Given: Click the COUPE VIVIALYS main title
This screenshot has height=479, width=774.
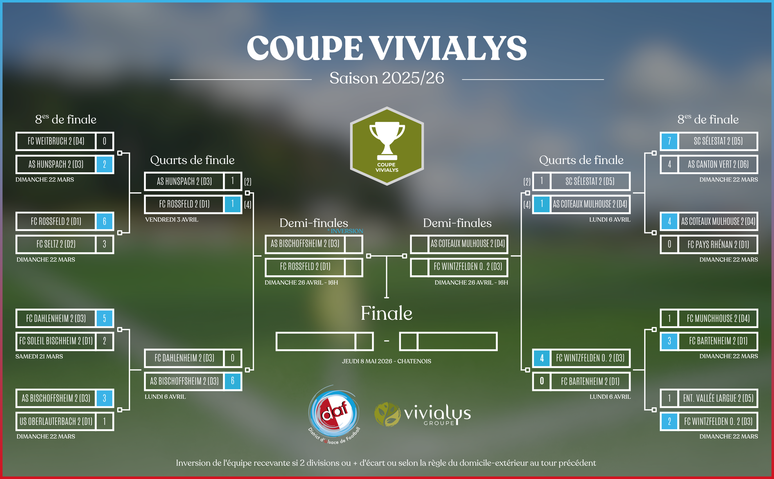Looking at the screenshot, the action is pos(386,48).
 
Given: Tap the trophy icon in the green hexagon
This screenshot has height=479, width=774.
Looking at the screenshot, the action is pos(387,141).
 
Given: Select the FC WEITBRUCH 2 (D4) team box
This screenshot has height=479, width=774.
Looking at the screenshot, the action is pos(56,141).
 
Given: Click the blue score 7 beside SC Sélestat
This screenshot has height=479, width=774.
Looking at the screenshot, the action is pos(669,141).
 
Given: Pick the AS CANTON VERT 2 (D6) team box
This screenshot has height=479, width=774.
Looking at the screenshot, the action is pos(718,164).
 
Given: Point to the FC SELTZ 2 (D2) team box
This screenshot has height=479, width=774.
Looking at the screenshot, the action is pos(56,244).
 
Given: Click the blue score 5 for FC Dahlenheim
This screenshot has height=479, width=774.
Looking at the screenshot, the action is pos(105,318).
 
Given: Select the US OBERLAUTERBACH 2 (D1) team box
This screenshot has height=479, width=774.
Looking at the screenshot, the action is pos(56,421).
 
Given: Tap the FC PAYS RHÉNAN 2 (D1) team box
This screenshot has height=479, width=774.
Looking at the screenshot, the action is pos(718,244).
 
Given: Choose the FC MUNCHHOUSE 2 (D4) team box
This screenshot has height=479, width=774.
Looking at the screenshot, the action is pos(718,318).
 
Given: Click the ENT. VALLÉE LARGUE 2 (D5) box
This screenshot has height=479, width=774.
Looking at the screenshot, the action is pos(718,398).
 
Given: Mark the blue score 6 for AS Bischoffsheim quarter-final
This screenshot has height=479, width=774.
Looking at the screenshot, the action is pos(233,381).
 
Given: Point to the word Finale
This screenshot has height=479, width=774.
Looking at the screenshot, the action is pos(386,313).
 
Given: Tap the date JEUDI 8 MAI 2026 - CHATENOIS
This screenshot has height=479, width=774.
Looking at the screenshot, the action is pos(386,361).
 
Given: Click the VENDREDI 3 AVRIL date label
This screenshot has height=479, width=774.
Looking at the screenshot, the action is pos(171,220).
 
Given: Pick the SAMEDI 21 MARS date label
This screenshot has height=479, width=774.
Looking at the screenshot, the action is pos(39,357).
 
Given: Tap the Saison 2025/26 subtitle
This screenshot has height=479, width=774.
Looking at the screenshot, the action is pos(386,78).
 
